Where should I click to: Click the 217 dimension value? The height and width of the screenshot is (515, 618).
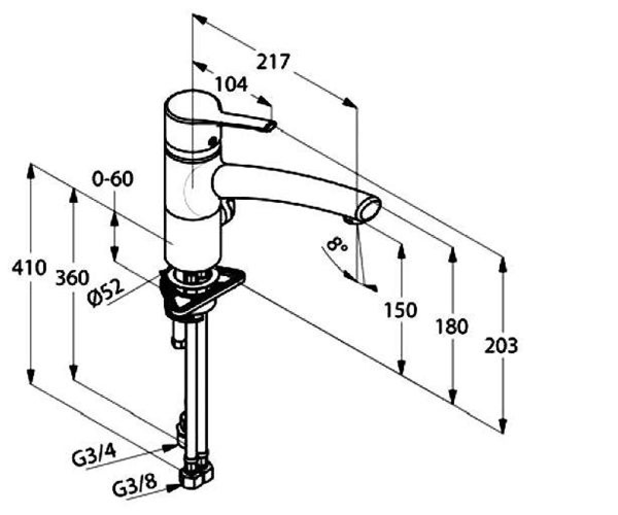(272, 62)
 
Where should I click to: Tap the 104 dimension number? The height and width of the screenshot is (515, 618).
(231, 84)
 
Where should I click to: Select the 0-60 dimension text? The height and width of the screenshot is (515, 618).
(113, 179)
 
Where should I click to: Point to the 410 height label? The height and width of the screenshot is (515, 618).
(29, 268)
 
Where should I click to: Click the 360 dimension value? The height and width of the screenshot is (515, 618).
(72, 278)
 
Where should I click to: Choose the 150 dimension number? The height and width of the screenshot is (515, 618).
(401, 310)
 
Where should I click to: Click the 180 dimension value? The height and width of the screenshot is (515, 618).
(452, 326)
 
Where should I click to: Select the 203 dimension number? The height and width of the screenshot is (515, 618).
(501, 346)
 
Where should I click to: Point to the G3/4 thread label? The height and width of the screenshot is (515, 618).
(94, 457)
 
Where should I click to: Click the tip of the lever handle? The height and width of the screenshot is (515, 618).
(271, 126)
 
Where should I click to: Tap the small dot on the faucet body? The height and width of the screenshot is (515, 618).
(213, 141)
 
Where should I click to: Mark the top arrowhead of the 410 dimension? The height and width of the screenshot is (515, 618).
(30, 171)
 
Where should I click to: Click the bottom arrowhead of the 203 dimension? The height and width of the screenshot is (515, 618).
(503, 426)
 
